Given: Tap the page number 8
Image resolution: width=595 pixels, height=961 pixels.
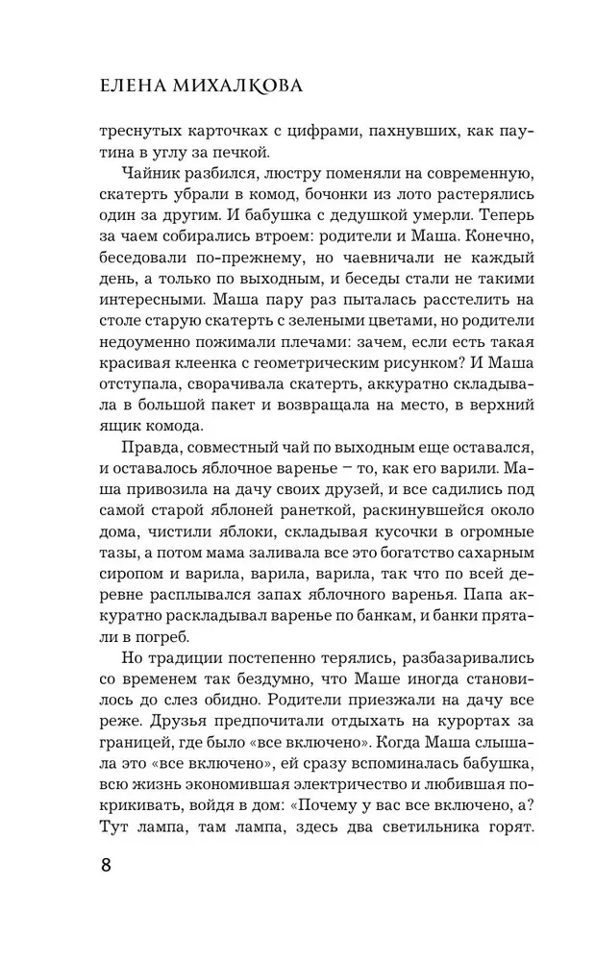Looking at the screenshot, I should [x=105, y=863].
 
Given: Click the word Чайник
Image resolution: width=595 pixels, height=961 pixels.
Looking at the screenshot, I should [x=154, y=176].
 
